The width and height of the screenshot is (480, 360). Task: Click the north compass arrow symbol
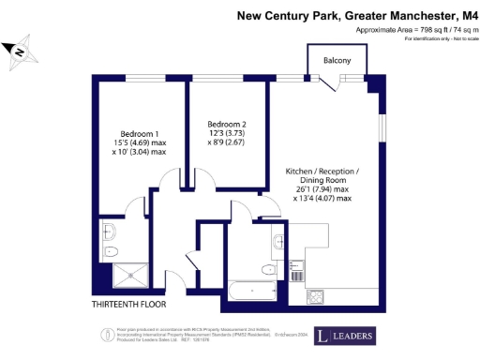click(18, 52)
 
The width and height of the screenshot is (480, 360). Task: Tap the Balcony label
click(337, 61)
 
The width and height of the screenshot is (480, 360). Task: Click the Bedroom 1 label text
click(139, 132)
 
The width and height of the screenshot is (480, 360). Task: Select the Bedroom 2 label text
click(227, 125)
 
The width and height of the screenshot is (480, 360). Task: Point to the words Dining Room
click(322, 187)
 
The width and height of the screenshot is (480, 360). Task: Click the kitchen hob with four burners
click(317, 296)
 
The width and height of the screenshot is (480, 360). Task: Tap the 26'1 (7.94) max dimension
click(322, 197)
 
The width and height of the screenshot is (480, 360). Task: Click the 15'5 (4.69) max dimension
click(139, 142)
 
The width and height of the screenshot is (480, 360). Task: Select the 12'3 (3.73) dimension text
click(227, 134)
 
